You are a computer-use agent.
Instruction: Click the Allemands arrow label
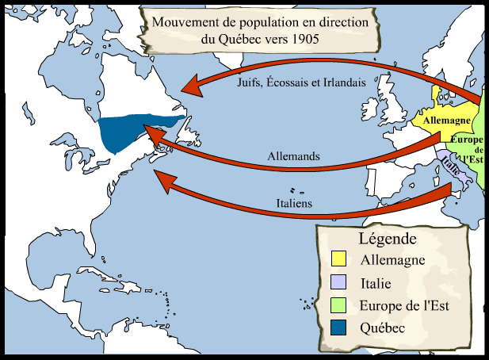[293, 157]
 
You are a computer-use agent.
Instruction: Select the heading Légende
[388, 239]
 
